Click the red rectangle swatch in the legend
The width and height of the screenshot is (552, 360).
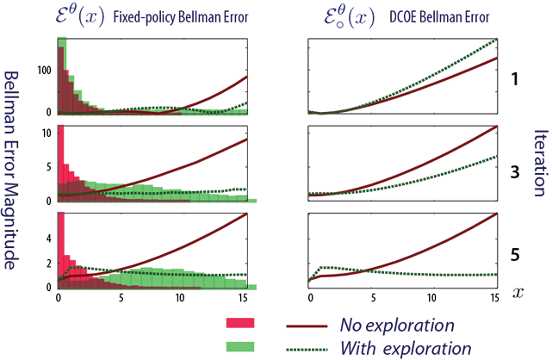(241, 324)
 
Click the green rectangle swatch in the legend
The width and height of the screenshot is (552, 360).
(241, 346)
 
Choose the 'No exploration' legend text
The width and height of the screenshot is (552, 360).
(397, 326)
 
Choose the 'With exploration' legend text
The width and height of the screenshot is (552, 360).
(405, 348)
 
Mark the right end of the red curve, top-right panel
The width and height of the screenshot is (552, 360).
(498, 58)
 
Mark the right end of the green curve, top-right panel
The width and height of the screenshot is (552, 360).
(498, 39)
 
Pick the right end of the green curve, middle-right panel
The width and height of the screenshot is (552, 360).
(498, 155)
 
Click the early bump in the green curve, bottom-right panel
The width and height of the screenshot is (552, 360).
(322, 268)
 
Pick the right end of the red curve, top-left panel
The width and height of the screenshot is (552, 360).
(248, 76)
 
